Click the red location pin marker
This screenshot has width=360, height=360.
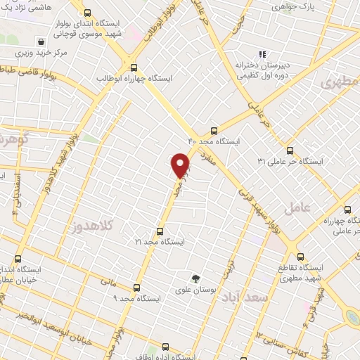click(x=181, y=166)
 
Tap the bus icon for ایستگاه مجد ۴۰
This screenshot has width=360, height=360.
click(x=214, y=130)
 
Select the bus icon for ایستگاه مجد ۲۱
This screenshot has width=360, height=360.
click(x=160, y=231)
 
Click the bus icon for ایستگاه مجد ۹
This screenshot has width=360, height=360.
click(x=136, y=287)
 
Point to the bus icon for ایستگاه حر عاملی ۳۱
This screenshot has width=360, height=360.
click(x=290, y=150)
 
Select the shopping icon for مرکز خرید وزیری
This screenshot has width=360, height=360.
click(x=43, y=41)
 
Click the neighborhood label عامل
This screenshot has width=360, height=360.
click(x=297, y=207)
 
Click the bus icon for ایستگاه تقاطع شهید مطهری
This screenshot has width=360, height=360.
click(x=300, y=257)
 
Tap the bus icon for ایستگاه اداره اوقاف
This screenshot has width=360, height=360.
click(x=165, y=346)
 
